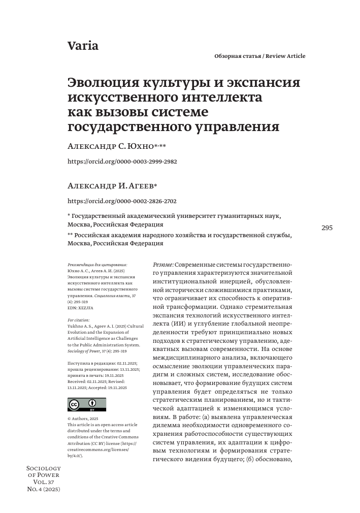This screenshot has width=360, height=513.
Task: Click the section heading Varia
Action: (83, 46)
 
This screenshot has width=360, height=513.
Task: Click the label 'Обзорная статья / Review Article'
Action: (260, 56)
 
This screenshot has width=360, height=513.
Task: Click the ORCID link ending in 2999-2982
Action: (122, 161)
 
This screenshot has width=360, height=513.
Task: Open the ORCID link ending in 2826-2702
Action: (122, 201)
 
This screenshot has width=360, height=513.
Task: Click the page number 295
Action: (327, 228)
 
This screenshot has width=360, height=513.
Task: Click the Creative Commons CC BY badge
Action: (87, 404)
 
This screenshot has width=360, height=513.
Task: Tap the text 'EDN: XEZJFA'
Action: (80, 308)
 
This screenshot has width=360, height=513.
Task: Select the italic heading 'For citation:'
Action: (79, 320)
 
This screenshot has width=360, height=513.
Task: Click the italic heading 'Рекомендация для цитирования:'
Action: (97, 265)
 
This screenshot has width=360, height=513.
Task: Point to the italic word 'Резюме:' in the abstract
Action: (163, 265)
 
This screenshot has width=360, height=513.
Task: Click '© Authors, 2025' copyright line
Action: (83, 419)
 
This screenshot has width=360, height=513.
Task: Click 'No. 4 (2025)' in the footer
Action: (44, 489)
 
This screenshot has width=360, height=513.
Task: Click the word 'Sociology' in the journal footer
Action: (43, 468)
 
